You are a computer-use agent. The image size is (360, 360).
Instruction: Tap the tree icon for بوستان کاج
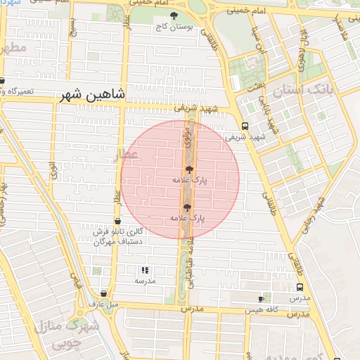click(x=174, y=15)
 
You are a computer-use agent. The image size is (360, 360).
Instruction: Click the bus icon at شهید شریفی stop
click(x=244, y=126)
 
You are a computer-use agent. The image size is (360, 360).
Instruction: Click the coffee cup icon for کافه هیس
click(x=262, y=299)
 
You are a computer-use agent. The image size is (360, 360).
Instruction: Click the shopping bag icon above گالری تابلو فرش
click(x=117, y=221)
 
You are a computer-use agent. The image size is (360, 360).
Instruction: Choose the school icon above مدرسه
click(x=145, y=269)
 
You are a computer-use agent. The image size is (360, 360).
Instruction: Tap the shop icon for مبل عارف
click(x=104, y=293)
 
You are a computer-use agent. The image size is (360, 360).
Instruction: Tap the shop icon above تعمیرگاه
click(x=2, y=81)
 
